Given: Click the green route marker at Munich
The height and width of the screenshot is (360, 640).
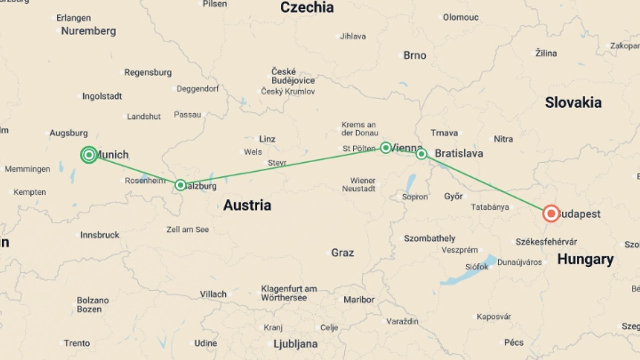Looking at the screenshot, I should point(89,155).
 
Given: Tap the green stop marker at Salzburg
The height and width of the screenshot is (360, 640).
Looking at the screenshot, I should point(180,185).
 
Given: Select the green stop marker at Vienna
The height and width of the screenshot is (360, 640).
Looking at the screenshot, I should point(386,147).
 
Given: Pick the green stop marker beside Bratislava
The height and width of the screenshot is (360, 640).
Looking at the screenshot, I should point(421,154).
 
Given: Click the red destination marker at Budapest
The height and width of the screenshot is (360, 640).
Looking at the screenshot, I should point(551,213).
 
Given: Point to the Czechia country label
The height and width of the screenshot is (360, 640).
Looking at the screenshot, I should point(307,7).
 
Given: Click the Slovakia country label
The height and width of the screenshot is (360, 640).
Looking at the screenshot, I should point(573,103).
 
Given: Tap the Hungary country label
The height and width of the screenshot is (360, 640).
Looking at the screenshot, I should point(585,259).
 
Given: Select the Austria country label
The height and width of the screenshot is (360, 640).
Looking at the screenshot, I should point(247,205).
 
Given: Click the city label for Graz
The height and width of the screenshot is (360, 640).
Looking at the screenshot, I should point(342,253).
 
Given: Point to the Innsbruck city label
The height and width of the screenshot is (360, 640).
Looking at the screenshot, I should point(99,235).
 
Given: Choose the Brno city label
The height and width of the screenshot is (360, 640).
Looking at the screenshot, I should point(415,55).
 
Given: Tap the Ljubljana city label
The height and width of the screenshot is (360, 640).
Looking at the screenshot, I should point(295,344).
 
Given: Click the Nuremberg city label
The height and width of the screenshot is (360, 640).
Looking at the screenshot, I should point(88,31).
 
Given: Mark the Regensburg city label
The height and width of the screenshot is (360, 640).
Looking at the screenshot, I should point(148,72).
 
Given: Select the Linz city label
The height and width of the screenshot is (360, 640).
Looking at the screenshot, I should point(267,139).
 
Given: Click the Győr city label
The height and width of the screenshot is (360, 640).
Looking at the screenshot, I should point(453,196).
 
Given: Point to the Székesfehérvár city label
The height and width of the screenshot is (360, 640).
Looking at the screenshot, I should point(546,242).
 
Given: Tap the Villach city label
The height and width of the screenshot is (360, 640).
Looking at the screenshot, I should point(213,294).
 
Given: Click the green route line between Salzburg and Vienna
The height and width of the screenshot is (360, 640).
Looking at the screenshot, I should point(283,166).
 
